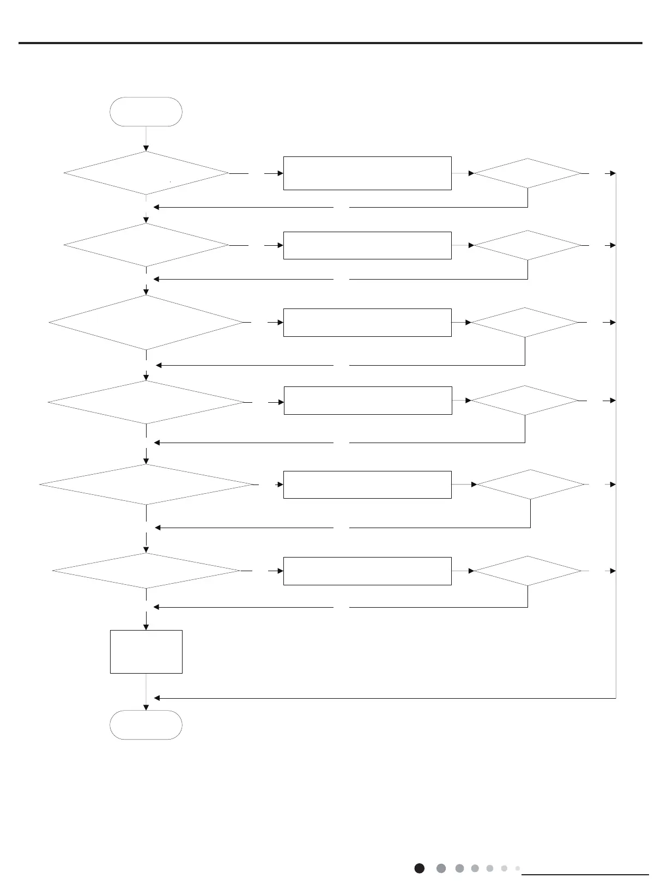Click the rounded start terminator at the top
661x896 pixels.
point(146,112)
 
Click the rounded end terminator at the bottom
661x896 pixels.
point(146,724)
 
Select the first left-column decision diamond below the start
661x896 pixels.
point(146,173)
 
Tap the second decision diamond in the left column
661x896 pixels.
point(146,245)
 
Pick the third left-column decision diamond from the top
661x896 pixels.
point(146,322)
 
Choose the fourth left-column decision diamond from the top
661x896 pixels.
point(146,402)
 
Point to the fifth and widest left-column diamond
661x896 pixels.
point(146,485)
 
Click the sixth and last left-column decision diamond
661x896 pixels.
point(146,571)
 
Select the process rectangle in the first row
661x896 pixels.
point(367,173)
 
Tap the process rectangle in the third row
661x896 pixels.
point(367,322)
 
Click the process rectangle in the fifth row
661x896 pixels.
point(367,485)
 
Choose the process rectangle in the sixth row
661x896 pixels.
point(367,571)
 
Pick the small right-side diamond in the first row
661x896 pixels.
point(527,173)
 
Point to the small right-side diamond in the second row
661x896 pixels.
point(527,245)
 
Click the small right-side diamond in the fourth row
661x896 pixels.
point(524,401)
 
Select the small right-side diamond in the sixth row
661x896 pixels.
point(527,571)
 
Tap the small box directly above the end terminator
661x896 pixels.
point(146,652)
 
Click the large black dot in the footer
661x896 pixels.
point(419,868)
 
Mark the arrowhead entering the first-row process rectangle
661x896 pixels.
point(280,173)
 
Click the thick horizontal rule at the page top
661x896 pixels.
point(330,43)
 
